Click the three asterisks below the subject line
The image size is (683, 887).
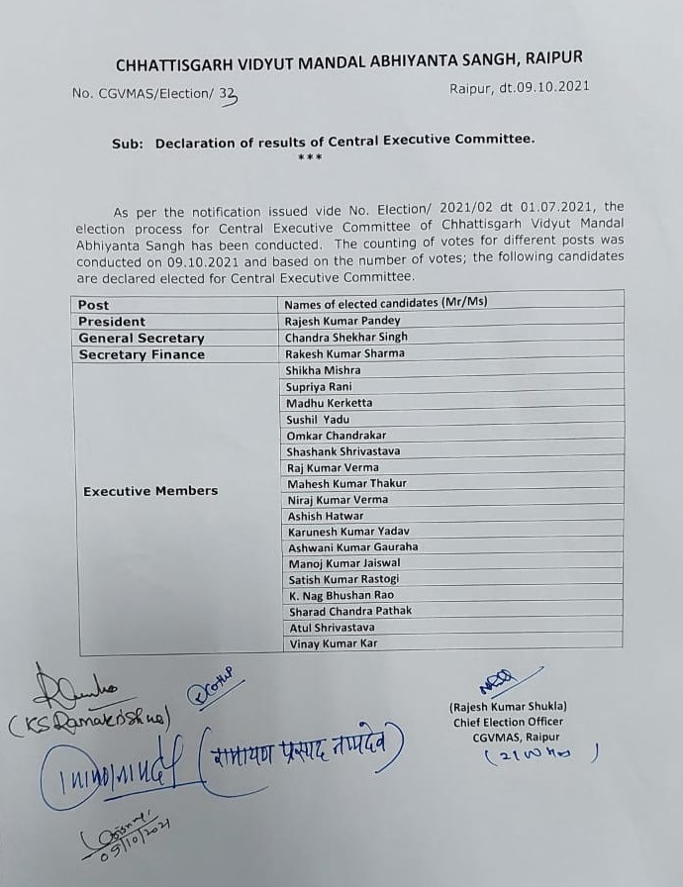click(310, 157)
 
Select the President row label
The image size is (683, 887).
click(112, 322)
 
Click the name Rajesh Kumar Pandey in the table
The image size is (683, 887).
click(342, 321)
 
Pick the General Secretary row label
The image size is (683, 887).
click(142, 339)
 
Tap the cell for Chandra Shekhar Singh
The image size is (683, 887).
click(346, 338)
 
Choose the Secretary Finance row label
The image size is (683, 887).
click(142, 354)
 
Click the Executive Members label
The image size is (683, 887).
click(150, 491)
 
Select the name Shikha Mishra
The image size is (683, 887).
click(324, 370)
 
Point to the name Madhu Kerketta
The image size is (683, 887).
click(330, 403)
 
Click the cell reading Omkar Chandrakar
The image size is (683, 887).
click(337, 436)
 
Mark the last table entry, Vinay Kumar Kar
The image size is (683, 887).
click(333, 643)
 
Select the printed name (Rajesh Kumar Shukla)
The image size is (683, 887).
click(508, 706)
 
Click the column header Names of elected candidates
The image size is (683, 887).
click(386, 303)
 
